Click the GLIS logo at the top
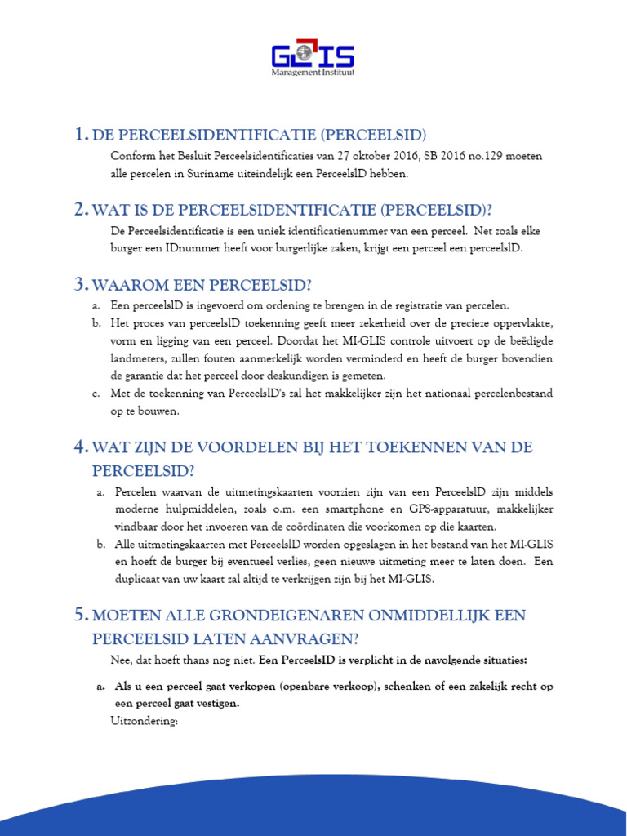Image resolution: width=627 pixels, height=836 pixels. click(x=313, y=56)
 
